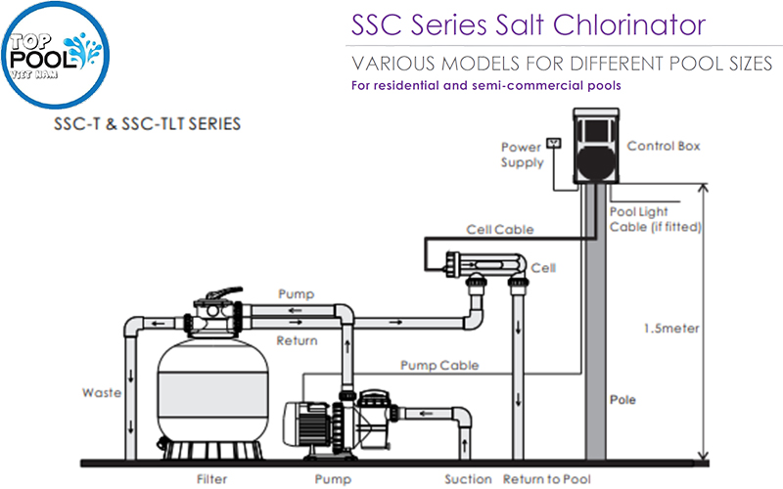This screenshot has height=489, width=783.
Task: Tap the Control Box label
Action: click(x=664, y=147)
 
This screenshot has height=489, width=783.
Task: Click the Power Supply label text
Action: click(x=522, y=155)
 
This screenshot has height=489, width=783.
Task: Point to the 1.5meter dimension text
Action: click(x=670, y=329)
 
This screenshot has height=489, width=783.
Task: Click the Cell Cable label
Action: click(x=500, y=230)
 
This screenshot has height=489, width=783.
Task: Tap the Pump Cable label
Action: click(x=439, y=366)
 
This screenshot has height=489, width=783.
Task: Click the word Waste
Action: click(x=102, y=393)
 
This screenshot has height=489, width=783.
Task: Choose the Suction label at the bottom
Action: click(x=468, y=479)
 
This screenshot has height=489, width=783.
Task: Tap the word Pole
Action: click(x=622, y=400)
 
